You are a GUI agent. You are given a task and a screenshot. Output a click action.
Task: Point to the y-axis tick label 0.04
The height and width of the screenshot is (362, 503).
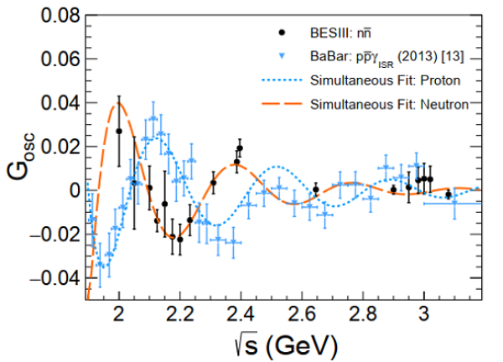coord(54,103)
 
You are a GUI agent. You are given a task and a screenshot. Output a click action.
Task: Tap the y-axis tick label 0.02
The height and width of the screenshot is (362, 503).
coord(54,147)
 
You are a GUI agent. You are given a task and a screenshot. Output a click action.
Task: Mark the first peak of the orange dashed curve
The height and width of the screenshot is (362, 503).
coord(120,103)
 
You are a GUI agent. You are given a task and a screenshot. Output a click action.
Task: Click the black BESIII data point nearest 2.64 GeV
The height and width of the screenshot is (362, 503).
coord(316,190)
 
